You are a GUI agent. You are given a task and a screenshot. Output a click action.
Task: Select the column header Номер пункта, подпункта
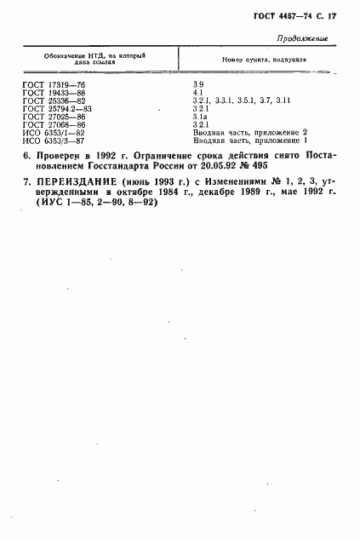pos(264,60)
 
